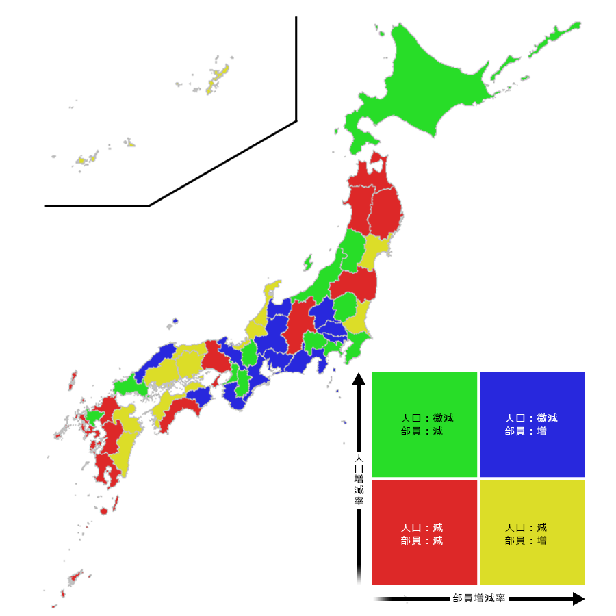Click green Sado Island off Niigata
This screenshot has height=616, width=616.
click(x=308, y=262)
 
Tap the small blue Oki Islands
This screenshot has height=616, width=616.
click(x=176, y=320)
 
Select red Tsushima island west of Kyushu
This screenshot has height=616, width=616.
click(x=73, y=380)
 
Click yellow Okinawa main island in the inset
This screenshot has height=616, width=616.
click(x=218, y=77)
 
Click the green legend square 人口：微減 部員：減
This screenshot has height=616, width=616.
click(x=424, y=424)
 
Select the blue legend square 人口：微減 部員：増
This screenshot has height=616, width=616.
click(x=532, y=424)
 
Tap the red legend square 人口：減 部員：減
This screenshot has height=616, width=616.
click(x=424, y=532)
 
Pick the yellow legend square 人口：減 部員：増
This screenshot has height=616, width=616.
click(x=532, y=532)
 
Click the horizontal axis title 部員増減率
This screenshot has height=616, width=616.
click(x=479, y=598)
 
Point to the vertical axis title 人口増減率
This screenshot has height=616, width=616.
click(x=359, y=479)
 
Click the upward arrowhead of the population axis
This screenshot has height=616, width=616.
click(x=359, y=378)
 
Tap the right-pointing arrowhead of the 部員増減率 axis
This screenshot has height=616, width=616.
click(x=579, y=599)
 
